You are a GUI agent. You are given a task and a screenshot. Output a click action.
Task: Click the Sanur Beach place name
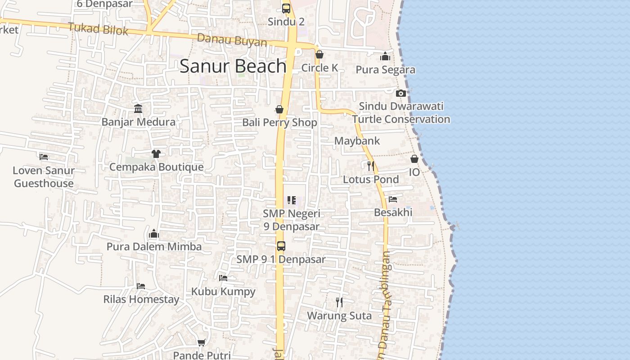pos(233,66)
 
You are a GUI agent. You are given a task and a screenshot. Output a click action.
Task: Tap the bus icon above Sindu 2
pos(286,8)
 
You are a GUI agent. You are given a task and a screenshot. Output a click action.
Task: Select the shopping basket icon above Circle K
pos(319,54)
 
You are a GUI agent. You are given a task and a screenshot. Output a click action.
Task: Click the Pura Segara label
pos(385,70)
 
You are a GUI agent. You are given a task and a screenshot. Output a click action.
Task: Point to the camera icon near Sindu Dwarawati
pos(400,93)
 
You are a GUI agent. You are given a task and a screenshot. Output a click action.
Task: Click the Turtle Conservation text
pos(401,119)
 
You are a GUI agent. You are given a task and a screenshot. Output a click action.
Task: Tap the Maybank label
pos(357,141)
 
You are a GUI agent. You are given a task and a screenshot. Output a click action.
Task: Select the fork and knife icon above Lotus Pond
pos(370,166)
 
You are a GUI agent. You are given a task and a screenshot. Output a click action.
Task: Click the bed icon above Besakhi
pos(393,199)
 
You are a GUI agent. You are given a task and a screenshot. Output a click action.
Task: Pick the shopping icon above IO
pos(414,159)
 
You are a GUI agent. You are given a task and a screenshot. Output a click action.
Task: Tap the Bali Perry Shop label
pos(279,122)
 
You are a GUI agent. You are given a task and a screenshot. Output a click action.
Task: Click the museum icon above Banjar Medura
pos(138,108)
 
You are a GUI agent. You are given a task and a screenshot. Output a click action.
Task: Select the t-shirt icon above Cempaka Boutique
pos(156,154)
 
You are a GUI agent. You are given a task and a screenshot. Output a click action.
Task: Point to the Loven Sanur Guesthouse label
pos(44,177)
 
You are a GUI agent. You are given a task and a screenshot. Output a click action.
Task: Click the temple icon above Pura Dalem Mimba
pos(154,234)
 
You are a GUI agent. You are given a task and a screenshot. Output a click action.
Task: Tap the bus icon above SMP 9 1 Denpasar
pos(281,246)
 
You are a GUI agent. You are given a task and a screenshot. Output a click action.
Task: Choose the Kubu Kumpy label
pos(223,291)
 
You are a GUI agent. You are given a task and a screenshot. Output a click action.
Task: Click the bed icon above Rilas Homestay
pos(141,286)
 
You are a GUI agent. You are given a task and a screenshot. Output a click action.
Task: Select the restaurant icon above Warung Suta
pos(339,302)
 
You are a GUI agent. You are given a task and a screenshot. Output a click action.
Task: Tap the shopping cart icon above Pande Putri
pos(202,342)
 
